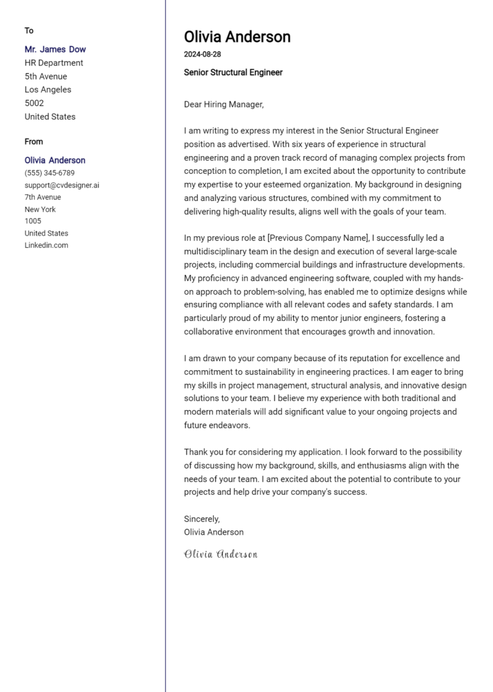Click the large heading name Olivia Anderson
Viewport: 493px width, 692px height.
[237, 37]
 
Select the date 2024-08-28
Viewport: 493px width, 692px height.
[202, 55]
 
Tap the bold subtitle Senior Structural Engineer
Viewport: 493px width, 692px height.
[233, 73]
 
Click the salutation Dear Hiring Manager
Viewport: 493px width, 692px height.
[223, 104]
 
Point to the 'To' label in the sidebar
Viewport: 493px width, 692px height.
[29, 31]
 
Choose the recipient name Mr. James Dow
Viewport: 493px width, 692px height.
[55, 49]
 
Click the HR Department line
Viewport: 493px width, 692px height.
[54, 63]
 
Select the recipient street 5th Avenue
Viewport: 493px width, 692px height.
[46, 76]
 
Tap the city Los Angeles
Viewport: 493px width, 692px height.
[48, 90]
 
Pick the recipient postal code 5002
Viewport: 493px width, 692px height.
[34, 103]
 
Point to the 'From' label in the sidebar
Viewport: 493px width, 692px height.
[34, 142]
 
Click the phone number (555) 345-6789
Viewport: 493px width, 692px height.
[49, 173]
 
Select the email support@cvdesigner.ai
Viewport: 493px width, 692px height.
[62, 186]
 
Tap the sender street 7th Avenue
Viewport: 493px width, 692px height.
[43, 197]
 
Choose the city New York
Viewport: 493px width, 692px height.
[40, 209]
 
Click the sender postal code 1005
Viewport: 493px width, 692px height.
[33, 221]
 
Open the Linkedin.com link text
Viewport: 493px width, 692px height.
[46, 245]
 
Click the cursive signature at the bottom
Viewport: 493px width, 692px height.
[220, 554]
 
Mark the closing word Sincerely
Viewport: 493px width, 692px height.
[202, 519]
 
